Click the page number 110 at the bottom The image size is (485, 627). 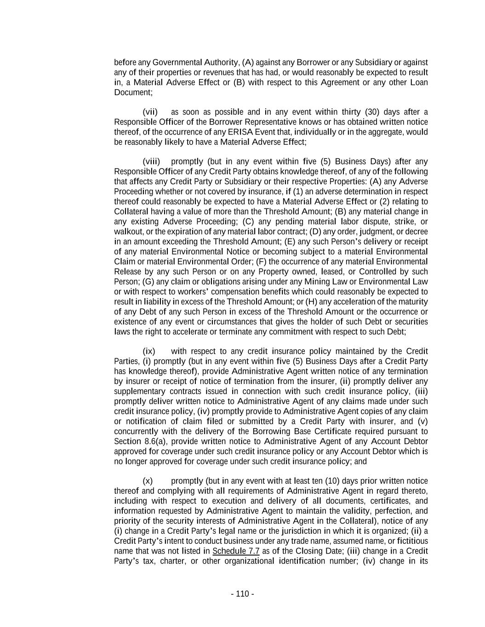242,594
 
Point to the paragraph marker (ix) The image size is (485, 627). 149,351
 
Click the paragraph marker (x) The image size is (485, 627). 148,481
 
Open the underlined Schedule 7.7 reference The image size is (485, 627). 236,551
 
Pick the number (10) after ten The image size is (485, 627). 333,481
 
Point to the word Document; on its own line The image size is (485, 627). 133,92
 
